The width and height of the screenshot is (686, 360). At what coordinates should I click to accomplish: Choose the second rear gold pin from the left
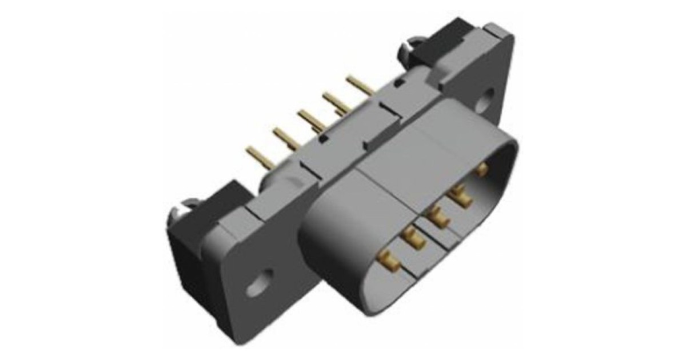284,137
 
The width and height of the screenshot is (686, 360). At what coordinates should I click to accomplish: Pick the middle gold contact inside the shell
438,217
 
